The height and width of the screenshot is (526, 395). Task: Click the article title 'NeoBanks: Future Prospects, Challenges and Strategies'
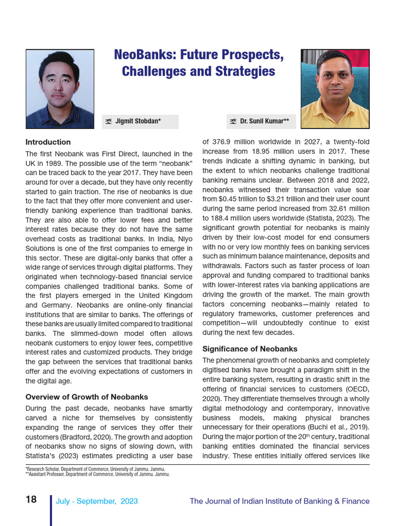pos(198,63)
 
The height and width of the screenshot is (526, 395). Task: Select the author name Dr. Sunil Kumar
pos(264,121)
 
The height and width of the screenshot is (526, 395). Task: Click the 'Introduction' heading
pos(48,142)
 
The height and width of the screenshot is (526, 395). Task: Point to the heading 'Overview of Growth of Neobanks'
pos(87,397)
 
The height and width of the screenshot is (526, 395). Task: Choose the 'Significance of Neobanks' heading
pos(250,349)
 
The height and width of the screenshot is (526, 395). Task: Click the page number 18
pos(31,500)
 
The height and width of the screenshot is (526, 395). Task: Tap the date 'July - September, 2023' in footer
pos(97,501)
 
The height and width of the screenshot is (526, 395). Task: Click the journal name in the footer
pos(279,501)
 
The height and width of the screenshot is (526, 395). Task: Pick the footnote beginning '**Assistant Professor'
pos(98,474)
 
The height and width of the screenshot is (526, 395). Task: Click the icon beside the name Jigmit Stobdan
pos(109,122)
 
